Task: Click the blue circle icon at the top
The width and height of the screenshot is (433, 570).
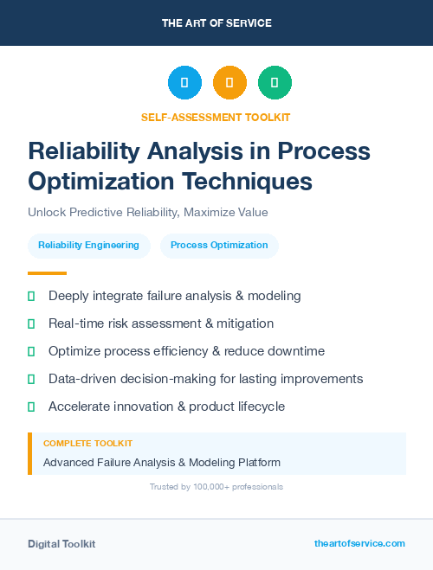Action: [184, 83]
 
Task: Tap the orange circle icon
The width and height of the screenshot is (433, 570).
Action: [229, 83]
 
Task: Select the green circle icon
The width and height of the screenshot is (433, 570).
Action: [275, 83]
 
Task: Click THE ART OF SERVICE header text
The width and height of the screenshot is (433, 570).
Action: [216, 23]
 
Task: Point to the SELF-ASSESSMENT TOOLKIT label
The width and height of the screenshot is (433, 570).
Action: [216, 117]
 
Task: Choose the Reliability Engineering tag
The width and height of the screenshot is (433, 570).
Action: [88, 246]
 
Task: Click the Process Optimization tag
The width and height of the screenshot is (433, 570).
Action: [219, 246]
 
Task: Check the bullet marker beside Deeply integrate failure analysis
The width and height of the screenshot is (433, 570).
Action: [31, 296]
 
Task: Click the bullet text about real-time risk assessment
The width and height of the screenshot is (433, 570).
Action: [161, 323]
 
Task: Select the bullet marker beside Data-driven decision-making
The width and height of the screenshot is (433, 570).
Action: [31, 379]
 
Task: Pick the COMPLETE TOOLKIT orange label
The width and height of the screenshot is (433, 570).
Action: [87, 443]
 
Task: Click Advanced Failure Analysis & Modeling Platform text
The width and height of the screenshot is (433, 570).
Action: [162, 463]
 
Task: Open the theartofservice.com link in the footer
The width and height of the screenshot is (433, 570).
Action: [359, 543]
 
